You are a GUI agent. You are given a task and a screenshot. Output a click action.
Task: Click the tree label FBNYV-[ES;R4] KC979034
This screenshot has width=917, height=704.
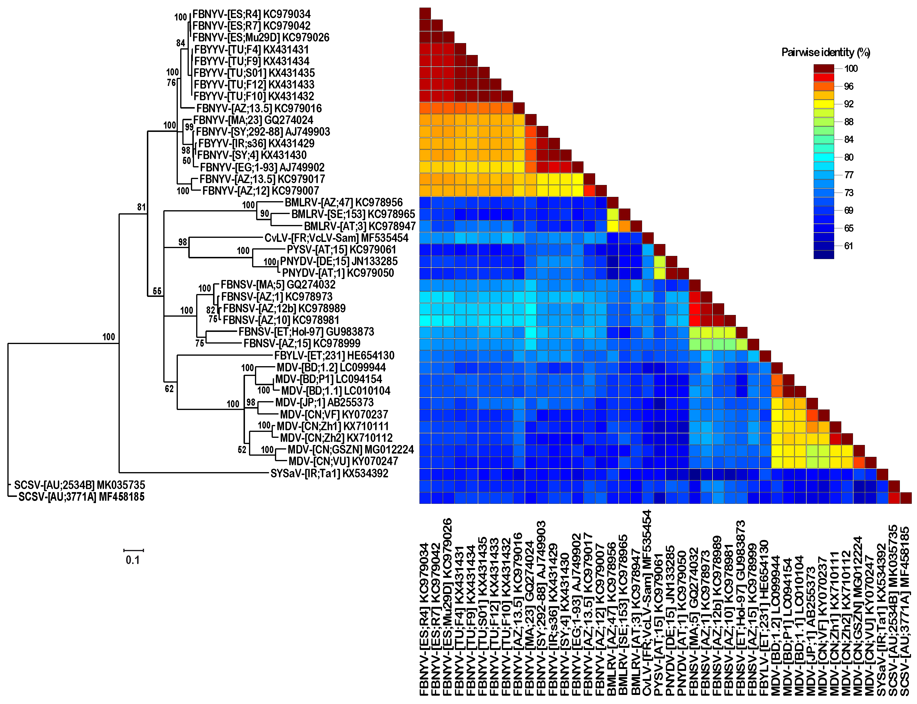point(251,14)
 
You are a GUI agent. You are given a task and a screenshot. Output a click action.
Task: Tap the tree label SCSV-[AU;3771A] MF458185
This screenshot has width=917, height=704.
point(82,497)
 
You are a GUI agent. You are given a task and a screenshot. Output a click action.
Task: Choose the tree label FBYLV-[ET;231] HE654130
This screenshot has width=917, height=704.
point(334,356)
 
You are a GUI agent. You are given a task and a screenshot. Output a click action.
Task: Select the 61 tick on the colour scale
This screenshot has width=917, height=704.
point(848,246)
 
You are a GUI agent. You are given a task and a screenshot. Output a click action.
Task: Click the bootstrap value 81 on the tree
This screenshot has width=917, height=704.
point(141,207)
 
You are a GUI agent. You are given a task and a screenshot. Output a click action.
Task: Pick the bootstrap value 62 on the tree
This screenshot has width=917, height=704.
point(169,389)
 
